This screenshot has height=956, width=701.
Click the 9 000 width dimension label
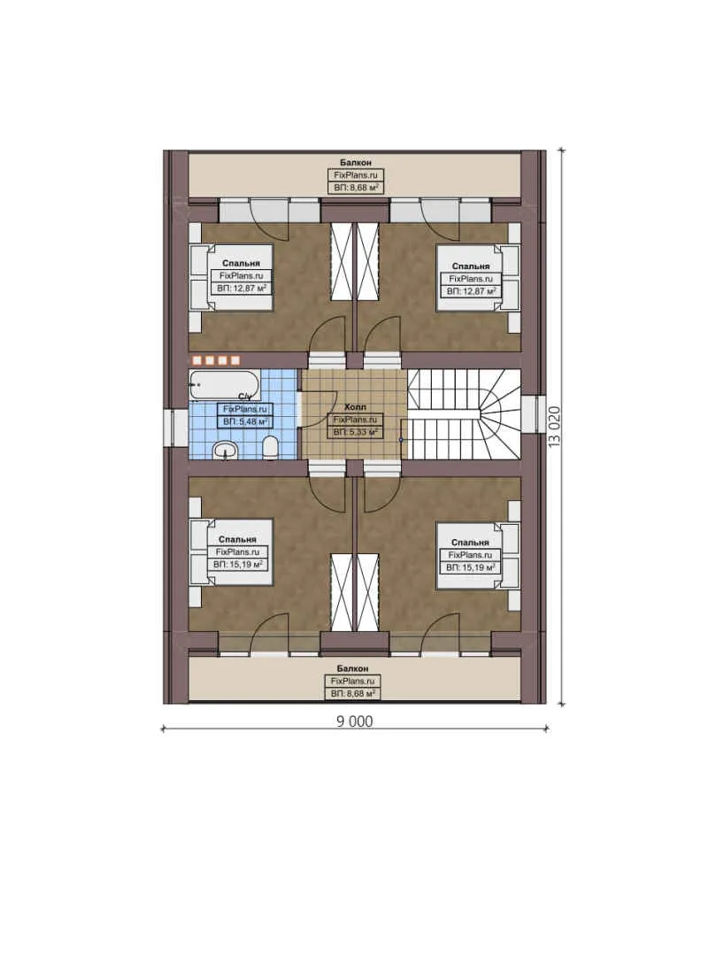(x=354, y=721)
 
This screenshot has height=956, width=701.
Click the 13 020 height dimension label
(x=555, y=428)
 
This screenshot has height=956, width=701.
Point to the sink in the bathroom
(x=227, y=451)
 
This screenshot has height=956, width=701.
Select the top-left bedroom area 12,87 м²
(x=242, y=289)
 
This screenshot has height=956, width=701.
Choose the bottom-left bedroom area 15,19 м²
(x=241, y=563)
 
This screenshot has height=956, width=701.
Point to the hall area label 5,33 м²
(x=355, y=432)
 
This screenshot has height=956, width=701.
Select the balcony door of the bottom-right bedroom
(x=441, y=639)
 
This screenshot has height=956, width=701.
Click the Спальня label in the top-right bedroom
(x=470, y=266)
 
